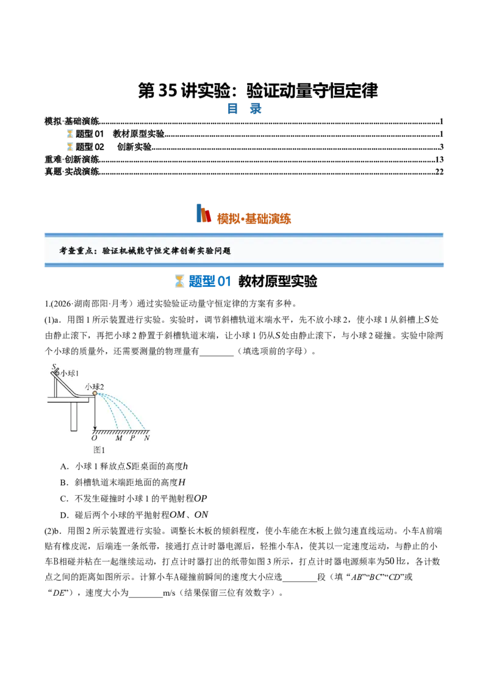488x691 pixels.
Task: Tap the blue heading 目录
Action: click(244, 109)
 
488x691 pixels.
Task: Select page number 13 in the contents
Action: click(439, 159)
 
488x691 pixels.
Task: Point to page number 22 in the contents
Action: click(439, 172)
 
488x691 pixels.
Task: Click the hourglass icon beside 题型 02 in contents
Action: click(70, 147)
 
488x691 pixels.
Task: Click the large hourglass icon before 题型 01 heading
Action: click(179, 281)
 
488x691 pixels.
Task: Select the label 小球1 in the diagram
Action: click(70, 373)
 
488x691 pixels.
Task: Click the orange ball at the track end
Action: click(95, 393)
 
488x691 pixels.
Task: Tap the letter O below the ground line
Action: click(95, 438)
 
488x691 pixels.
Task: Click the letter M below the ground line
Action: click(119, 438)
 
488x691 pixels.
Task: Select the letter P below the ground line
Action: click(132, 438)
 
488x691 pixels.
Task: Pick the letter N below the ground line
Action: click(146, 438)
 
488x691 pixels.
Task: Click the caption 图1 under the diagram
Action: click(99, 450)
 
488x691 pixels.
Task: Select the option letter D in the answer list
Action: click(63, 515)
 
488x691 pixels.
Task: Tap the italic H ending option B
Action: click(182, 483)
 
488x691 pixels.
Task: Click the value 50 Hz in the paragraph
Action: click(395, 562)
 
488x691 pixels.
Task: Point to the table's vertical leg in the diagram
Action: click(74, 416)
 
